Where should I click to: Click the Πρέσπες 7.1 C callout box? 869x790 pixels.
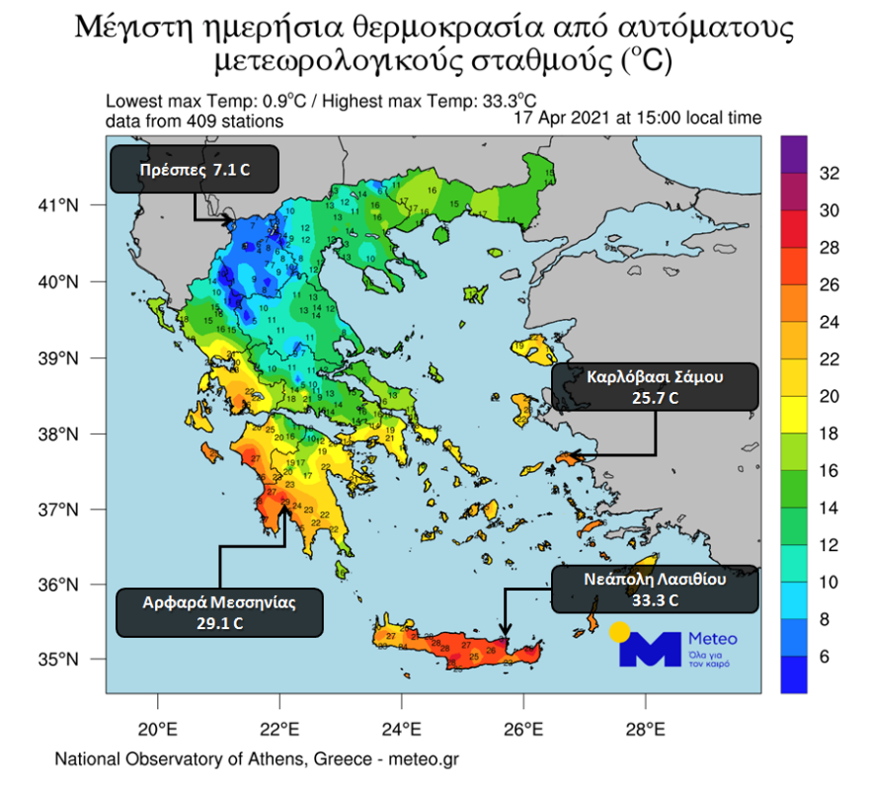pos(194,170)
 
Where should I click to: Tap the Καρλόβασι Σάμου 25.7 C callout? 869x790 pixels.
pos(656,387)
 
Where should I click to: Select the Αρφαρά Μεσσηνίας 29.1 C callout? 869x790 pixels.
pos(219,612)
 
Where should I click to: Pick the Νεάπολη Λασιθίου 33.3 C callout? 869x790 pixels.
pos(656,590)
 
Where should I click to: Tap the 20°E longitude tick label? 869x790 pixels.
pos(158,733)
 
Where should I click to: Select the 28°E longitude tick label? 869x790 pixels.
pos(645,733)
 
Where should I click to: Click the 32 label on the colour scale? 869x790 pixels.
pos(830,174)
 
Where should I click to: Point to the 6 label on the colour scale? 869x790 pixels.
pos(826,657)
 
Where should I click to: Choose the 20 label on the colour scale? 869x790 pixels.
pos(830,396)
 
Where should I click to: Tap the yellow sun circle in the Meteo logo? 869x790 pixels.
pos(620,633)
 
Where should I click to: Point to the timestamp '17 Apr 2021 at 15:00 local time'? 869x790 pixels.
pos(638,118)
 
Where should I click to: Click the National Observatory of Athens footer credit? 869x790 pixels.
pos(257,760)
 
